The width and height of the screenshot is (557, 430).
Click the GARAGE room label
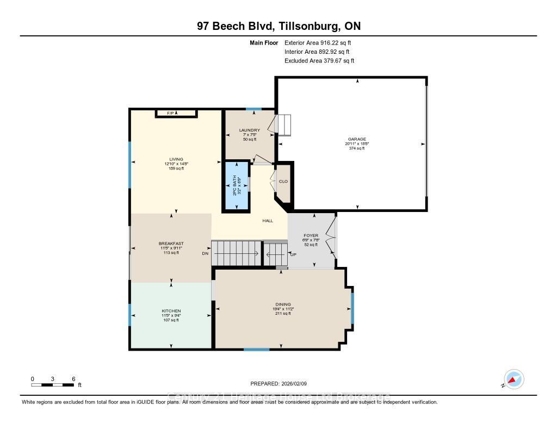click(357, 139)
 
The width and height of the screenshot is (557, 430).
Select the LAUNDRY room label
click(250, 130)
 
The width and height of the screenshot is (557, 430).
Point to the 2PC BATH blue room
click(237, 186)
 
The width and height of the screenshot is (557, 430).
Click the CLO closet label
click(283, 182)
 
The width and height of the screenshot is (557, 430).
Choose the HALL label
click(268, 221)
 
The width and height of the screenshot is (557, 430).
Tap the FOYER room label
click(311, 236)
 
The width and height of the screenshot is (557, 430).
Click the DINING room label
click(283, 304)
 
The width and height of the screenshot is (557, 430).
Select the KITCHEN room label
click(171, 311)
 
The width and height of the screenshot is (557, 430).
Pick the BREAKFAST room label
click(171, 244)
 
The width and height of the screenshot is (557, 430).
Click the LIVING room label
click(176, 159)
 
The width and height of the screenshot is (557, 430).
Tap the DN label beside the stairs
click(205, 254)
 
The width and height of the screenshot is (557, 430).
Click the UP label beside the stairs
click(293, 254)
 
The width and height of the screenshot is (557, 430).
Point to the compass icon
click(513, 379)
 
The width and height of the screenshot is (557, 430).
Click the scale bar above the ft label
click(52, 385)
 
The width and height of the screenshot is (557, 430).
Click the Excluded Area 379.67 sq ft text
click(319, 61)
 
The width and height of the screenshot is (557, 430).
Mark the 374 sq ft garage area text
click(357, 148)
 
